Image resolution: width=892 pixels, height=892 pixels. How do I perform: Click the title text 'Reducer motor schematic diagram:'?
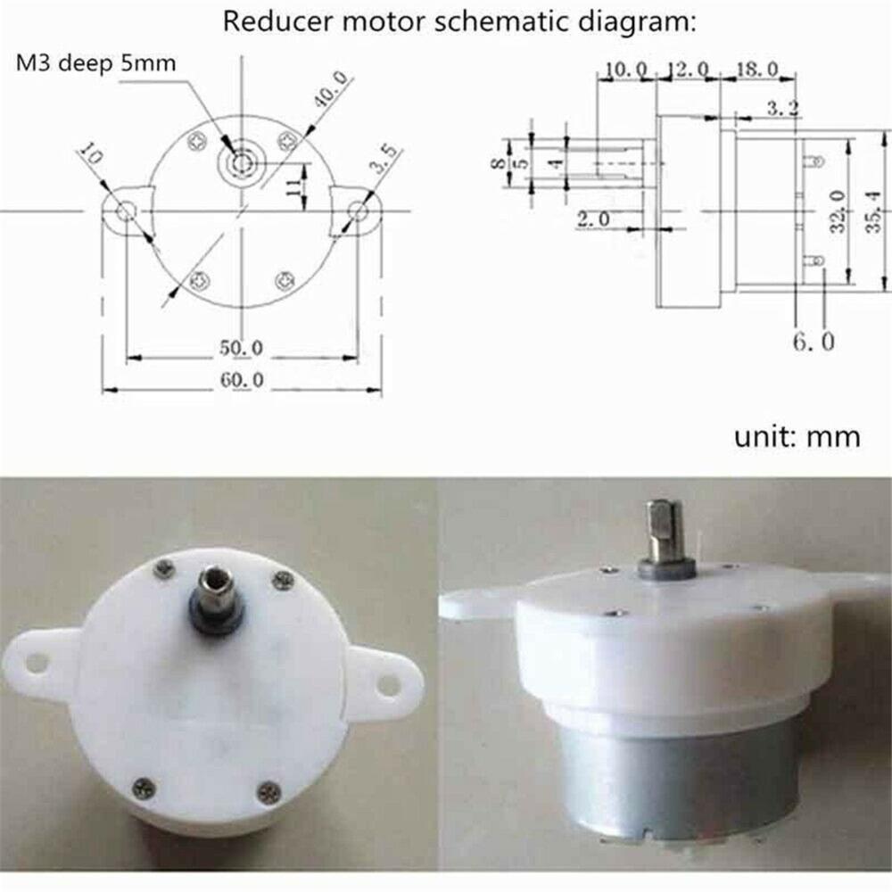(458, 21)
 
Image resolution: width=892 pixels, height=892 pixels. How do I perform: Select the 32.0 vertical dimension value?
(837, 211)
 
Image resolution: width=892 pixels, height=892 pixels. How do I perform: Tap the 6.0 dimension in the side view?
(814, 341)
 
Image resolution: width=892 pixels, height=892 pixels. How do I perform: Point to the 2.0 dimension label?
(592, 219)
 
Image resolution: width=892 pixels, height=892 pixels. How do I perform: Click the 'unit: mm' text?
(797, 436)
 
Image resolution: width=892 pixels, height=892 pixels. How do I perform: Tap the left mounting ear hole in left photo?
(37, 661)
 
